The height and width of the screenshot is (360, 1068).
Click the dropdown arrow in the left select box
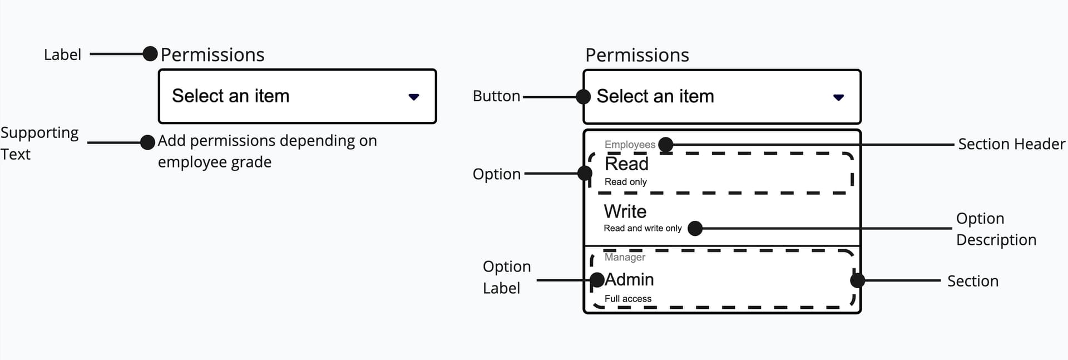(413, 97)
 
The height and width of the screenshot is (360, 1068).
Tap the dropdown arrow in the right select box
(838, 97)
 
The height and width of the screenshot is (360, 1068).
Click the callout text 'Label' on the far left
(62, 55)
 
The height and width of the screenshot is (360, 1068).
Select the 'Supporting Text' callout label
(39, 143)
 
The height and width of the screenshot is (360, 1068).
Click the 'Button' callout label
(496, 96)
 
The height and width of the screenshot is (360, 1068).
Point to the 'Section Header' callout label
(1011, 144)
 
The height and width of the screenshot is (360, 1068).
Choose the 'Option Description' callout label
(995, 229)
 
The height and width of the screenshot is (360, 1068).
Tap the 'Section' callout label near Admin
(972, 281)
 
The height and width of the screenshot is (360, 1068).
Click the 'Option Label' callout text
(506, 277)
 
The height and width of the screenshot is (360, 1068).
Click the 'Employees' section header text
(630, 145)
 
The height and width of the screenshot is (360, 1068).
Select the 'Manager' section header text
(625, 257)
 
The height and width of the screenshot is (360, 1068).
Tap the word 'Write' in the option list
(625, 211)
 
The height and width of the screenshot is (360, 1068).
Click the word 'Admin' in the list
(629, 279)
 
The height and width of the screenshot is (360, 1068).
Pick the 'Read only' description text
(625, 182)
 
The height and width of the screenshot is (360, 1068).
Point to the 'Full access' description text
(627, 299)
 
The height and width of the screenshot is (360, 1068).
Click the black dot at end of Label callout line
(150, 54)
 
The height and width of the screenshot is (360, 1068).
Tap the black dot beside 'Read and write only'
(695, 228)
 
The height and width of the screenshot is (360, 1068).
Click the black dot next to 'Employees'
(665, 145)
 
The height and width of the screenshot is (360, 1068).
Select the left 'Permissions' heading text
(212, 55)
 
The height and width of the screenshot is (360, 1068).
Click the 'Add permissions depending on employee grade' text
(267, 151)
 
